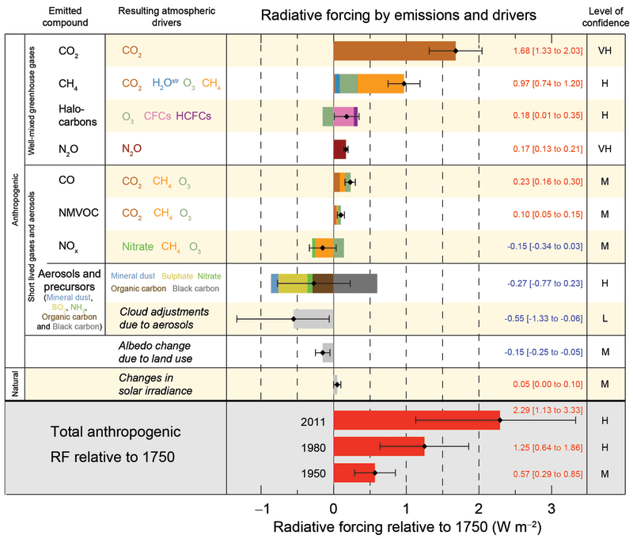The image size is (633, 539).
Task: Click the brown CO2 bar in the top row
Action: click(394, 51)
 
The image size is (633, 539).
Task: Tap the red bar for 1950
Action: click(354, 473)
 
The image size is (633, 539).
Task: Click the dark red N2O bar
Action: click(340, 148)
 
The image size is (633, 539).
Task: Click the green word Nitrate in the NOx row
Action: click(138, 246)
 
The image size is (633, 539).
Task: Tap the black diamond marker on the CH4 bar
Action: click(404, 83)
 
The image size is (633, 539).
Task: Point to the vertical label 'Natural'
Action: click(13, 384)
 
